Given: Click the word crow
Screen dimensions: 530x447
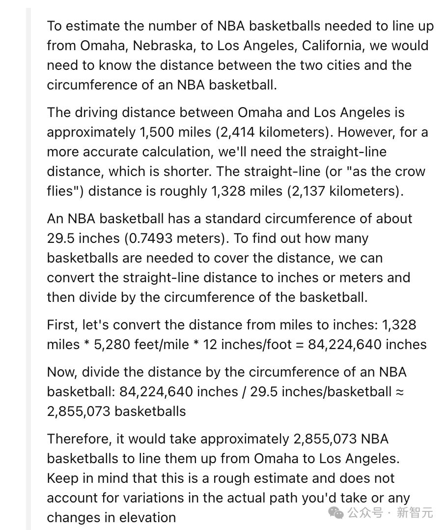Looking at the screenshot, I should click(x=409, y=171).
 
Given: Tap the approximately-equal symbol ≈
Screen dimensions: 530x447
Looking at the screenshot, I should click(x=400, y=392).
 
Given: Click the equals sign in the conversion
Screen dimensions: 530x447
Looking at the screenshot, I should click(x=299, y=345).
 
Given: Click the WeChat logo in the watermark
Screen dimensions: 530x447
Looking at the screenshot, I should click(x=336, y=513).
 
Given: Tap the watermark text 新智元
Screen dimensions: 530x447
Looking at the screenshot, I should click(x=415, y=513).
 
